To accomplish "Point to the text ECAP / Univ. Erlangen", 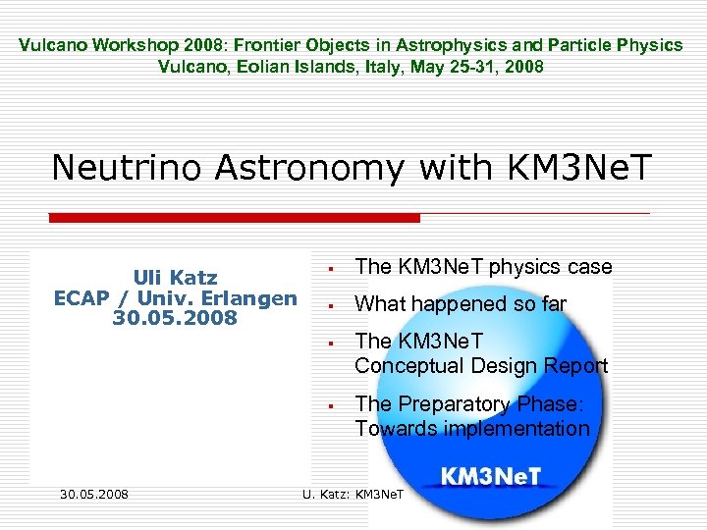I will [175, 298].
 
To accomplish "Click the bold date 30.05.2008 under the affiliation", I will [175, 318].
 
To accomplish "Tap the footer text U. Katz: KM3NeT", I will [353, 492].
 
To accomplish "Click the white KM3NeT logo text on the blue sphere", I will [490, 478].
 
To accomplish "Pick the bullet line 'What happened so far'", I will [460, 304].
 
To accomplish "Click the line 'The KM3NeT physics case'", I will [483, 267].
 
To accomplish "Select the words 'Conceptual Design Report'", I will [481, 366].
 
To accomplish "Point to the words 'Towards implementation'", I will [471, 428].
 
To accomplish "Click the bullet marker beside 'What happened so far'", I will [334, 305].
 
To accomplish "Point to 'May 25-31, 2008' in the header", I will [482, 67].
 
